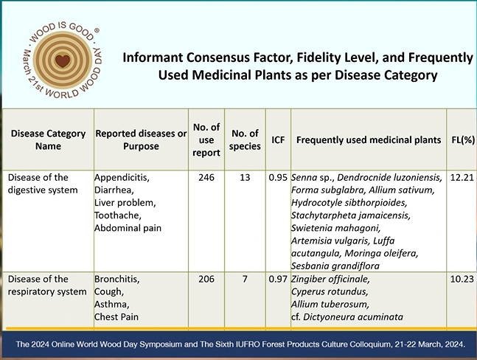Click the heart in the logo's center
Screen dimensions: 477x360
(x=63, y=60)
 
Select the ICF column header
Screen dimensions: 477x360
(x=278, y=140)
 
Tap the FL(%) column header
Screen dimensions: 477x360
(x=463, y=140)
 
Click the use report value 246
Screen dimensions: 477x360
(x=206, y=177)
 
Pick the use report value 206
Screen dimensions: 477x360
(x=206, y=279)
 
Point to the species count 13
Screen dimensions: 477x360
(x=245, y=177)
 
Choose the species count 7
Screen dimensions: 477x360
(x=245, y=279)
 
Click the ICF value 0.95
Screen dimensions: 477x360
(x=278, y=177)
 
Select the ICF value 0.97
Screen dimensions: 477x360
(x=278, y=279)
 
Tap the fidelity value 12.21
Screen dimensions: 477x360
(x=462, y=177)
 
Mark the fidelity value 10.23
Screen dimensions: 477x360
(x=462, y=279)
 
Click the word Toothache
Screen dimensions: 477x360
(x=118, y=215)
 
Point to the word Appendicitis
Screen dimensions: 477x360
(x=122, y=178)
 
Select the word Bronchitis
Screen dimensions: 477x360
(x=117, y=280)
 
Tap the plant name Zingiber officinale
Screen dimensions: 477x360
(x=331, y=280)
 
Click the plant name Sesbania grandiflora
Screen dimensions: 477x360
(x=335, y=266)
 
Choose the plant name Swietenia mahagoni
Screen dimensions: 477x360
(x=336, y=228)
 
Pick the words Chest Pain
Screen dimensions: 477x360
(x=116, y=317)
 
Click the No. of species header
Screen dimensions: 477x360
(x=245, y=139)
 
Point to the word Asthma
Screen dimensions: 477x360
(x=111, y=305)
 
